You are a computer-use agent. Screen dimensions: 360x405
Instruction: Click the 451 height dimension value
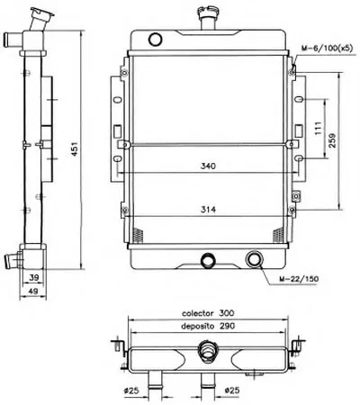pyautogui.click(x=75, y=148)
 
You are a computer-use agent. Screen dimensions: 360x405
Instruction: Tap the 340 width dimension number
pyautogui.click(x=208, y=166)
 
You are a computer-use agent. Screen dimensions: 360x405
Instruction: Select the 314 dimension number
pyautogui.click(x=208, y=210)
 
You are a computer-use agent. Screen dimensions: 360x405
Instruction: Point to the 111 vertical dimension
pyautogui.click(x=319, y=128)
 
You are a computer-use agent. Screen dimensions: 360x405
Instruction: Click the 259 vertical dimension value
pyautogui.click(x=333, y=140)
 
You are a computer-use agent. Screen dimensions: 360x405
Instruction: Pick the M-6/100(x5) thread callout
pyautogui.click(x=328, y=48)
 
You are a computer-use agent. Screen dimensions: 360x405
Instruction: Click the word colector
pyautogui.click(x=198, y=313)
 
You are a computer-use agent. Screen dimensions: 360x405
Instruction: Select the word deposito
pyautogui.click(x=198, y=326)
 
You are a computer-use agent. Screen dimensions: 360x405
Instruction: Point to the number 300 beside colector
pyautogui.click(x=227, y=313)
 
